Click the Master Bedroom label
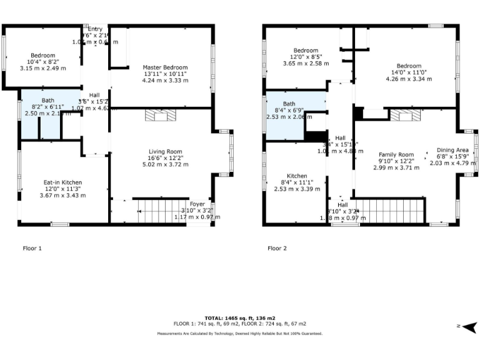tap(164, 67)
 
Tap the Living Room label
tap(165, 151)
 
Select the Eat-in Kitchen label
tap(62, 182)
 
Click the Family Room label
tap(397, 154)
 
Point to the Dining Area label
tap(452, 150)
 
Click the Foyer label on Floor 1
tap(197, 204)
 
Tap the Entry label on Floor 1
tap(95, 29)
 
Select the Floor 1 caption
tap(31, 248)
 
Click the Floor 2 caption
tap(277, 248)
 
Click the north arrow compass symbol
tap(470, 326)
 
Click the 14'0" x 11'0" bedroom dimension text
tap(409, 72)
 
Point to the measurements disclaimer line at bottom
tap(240, 334)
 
